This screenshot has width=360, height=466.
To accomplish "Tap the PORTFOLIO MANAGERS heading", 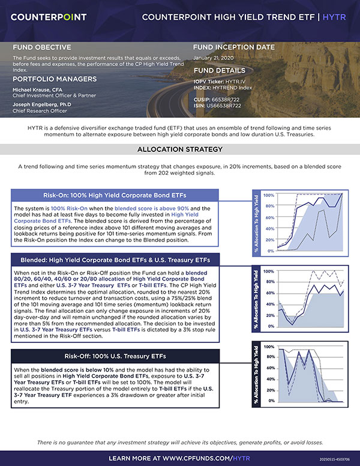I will (x=55, y=79).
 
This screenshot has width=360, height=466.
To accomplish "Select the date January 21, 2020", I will (x=216, y=58).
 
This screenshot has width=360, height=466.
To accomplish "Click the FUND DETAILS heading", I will (x=220, y=70).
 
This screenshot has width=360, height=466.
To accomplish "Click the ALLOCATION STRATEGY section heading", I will (x=179, y=150).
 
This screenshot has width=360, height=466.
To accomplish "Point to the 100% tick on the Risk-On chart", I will (x=269, y=196).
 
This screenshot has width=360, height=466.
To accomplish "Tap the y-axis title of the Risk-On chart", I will (x=257, y=222).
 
